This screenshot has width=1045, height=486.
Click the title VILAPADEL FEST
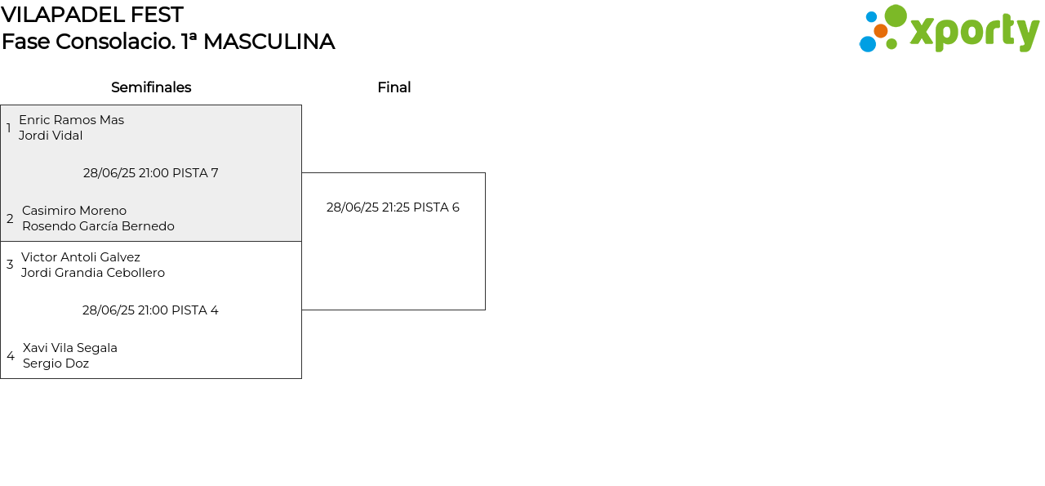(x=92, y=15)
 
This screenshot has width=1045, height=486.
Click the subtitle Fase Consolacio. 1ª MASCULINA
(x=168, y=42)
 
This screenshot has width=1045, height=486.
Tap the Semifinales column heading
(x=151, y=87)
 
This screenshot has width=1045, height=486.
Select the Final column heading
(x=394, y=87)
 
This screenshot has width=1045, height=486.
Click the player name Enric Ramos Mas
(x=71, y=120)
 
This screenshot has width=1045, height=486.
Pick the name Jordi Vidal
(x=51, y=136)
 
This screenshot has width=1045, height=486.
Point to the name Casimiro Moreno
(x=74, y=211)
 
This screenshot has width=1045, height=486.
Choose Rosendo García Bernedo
(x=98, y=226)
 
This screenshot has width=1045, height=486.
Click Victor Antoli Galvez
(x=81, y=257)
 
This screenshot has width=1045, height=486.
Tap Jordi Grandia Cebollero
(x=93, y=273)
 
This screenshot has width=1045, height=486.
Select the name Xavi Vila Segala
(x=70, y=348)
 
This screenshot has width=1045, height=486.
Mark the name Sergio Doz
(x=56, y=363)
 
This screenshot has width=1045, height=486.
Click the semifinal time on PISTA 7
(x=151, y=173)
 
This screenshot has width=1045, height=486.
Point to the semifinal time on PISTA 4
(x=150, y=310)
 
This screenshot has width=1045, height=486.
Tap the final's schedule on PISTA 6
(x=393, y=207)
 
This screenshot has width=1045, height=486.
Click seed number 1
(x=9, y=128)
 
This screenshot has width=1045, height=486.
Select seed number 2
(x=10, y=219)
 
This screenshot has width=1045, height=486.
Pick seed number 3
(x=10, y=265)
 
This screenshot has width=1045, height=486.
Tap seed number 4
(x=11, y=356)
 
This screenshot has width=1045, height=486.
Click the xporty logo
(x=949, y=29)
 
